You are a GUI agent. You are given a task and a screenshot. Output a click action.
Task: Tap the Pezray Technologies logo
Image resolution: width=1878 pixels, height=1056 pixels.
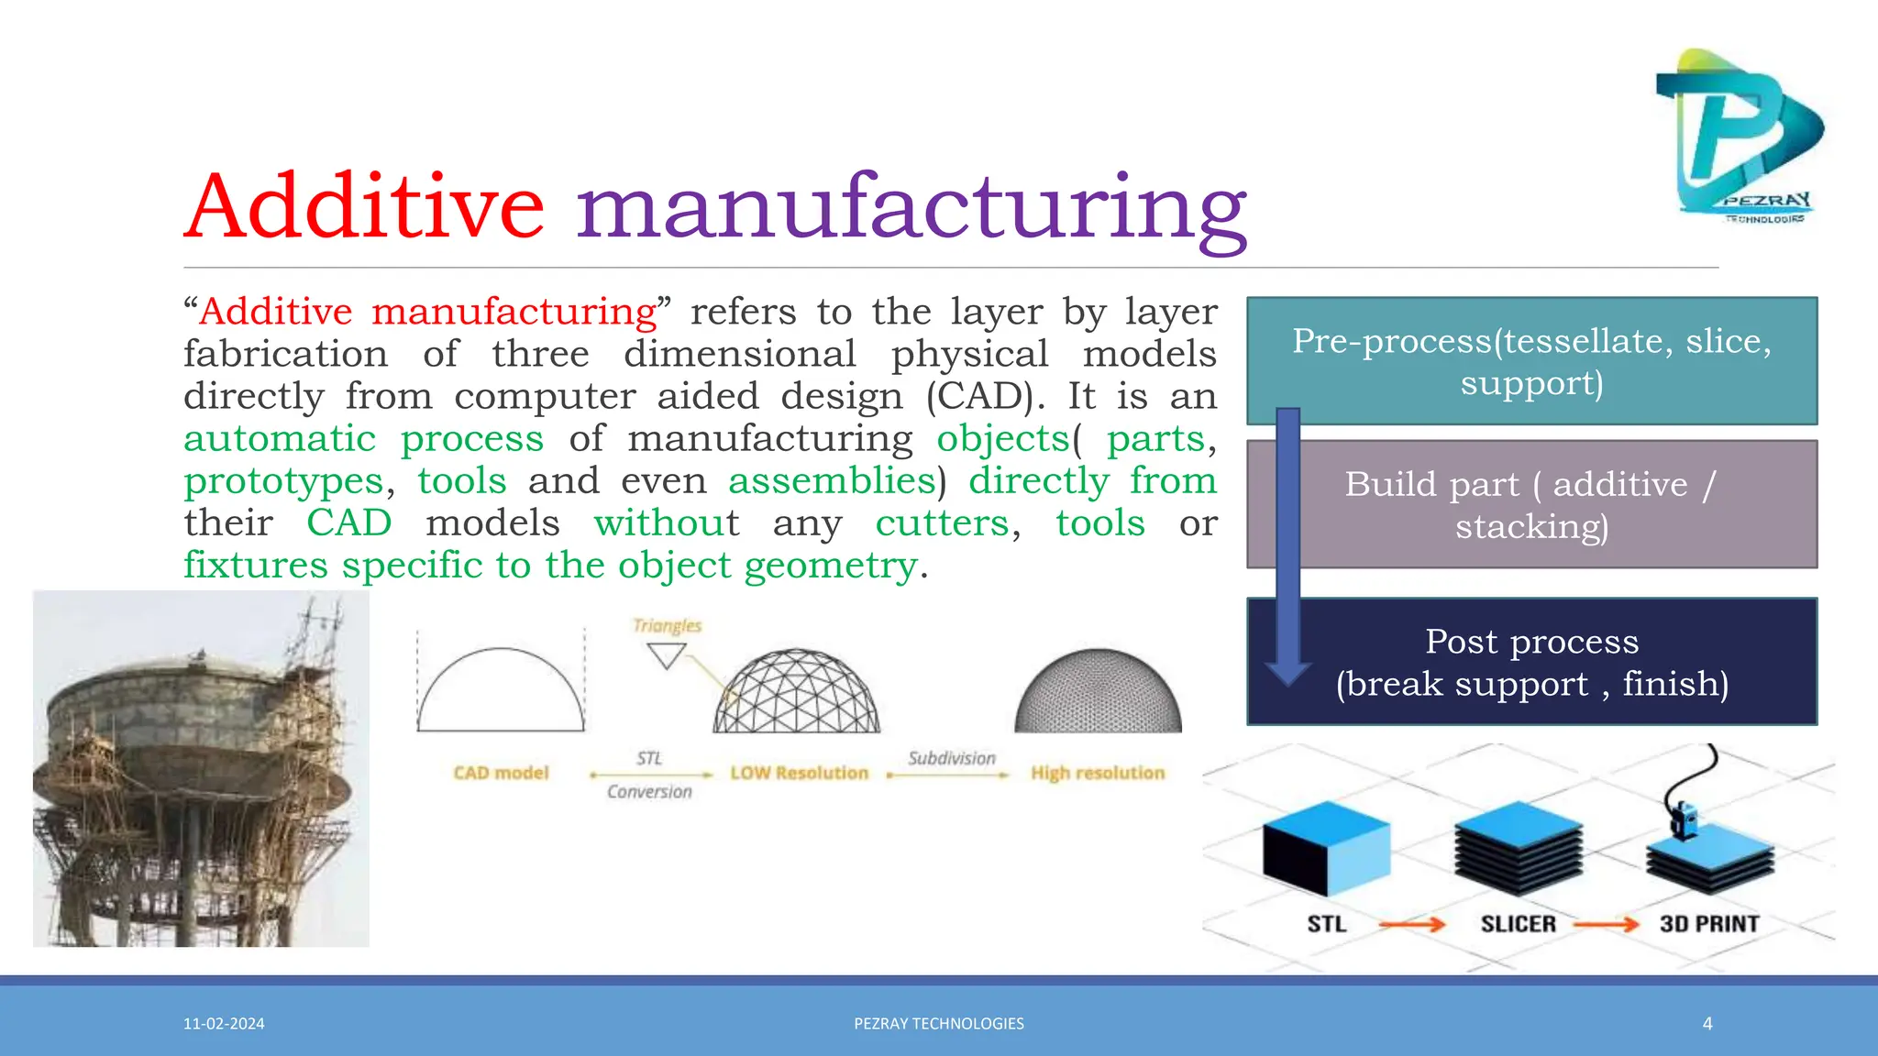pos(1739,137)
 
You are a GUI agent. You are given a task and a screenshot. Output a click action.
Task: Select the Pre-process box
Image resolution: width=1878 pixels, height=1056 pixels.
pos(1531,360)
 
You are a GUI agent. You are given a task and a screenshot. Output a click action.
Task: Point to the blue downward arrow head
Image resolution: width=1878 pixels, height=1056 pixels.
pos(1288,673)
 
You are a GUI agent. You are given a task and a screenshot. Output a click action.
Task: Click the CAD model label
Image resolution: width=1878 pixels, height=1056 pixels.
pos(501,773)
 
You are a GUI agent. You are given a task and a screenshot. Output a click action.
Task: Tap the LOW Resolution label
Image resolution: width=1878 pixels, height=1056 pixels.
pos(799,773)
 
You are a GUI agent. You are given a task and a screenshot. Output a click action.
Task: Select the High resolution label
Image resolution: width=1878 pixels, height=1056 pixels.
pos(1098,773)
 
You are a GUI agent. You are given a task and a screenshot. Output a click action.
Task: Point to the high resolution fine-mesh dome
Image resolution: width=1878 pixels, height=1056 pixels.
pos(1098,692)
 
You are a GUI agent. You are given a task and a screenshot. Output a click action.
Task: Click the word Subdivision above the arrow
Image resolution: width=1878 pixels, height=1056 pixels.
pos(951,758)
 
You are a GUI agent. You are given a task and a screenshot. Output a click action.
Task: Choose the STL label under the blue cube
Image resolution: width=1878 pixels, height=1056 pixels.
pos(1327,924)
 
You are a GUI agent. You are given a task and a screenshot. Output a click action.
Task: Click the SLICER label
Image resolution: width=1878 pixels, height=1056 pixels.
pos(1519,924)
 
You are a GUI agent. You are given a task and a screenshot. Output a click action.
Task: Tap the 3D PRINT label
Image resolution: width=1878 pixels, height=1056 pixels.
pos(1709,924)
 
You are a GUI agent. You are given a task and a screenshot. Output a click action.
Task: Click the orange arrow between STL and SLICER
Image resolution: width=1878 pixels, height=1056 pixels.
pos(1412,925)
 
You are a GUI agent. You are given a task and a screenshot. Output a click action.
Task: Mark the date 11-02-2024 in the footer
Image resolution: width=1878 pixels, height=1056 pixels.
pos(224,1024)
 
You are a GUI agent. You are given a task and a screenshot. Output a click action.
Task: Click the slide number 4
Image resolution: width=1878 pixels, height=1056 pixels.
pos(1707,1024)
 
